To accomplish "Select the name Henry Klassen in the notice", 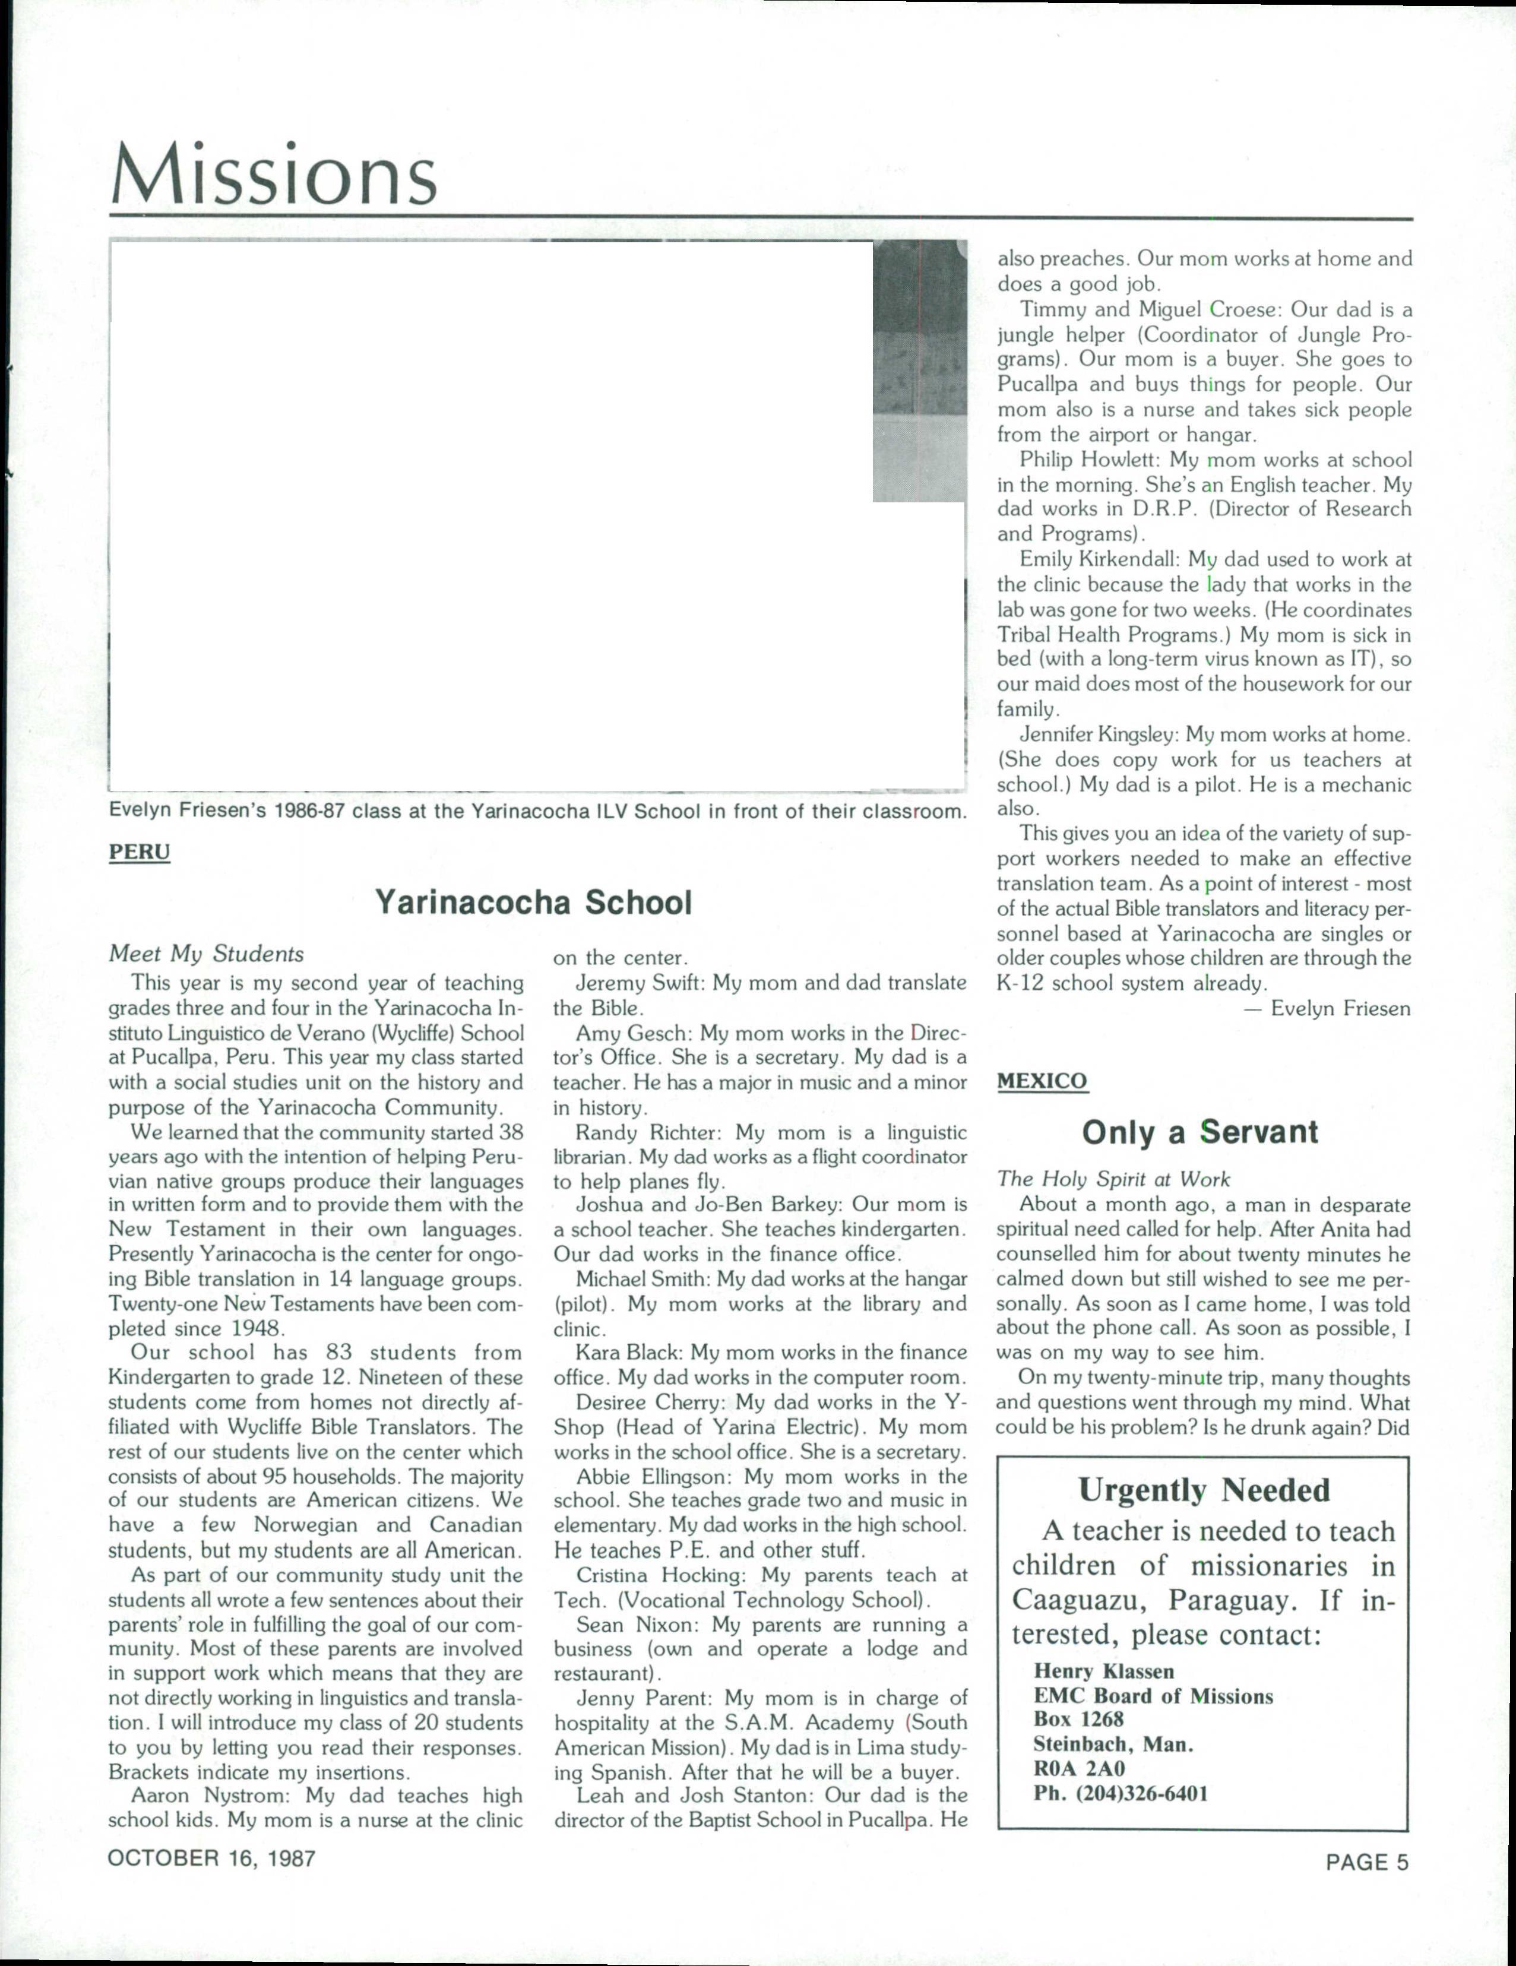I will (x=1104, y=1671).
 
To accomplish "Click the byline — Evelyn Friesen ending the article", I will (x=1327, y=1008).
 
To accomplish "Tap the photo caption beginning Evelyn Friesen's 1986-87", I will (x=537, y=811).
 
